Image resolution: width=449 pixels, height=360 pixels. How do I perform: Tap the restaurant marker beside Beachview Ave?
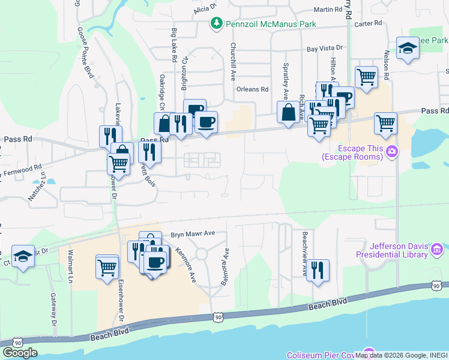point(316,269)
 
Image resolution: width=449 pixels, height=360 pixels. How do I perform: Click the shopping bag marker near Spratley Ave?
point(288,112)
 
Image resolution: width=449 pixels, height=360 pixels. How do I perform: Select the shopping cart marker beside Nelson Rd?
point(385,124)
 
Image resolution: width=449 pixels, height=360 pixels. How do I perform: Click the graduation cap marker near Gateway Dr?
point(23,257)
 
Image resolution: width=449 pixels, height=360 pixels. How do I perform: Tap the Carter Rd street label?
point(368,23)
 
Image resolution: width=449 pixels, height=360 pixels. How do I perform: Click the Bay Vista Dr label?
point(324,48)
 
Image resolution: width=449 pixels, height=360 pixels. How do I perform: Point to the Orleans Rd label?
point(252,89)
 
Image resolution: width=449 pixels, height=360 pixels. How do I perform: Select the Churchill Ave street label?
point(233,61)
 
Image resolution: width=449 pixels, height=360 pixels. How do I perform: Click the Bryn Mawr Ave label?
point(193,233)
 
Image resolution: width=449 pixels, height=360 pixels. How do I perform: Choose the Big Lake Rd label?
point(173,46)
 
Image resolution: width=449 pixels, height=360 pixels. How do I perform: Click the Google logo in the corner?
point(20,353)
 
